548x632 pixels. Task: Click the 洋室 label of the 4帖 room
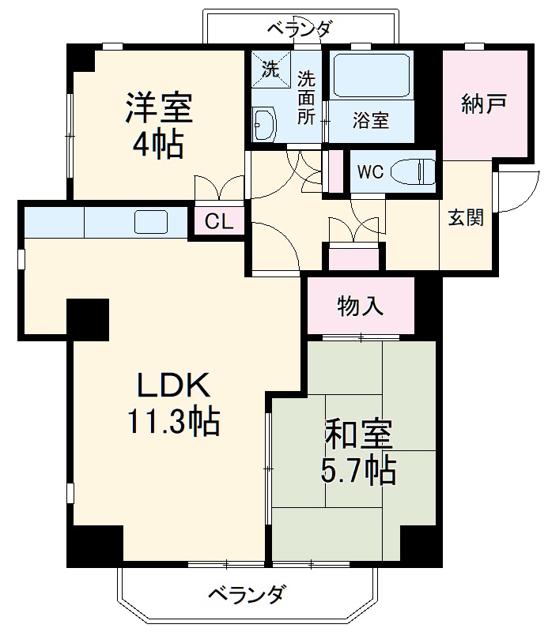point(159,108)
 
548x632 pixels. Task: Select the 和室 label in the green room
point(358,435)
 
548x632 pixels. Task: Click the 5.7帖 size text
point(358,472)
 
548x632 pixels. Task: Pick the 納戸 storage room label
point(484,104)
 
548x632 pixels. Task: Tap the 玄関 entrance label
point(466,219)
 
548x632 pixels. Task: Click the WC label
point(370,171)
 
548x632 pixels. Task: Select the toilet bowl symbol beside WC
point(416,171)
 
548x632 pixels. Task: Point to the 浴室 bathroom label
point(370,122)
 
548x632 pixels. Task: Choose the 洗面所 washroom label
point(306,97)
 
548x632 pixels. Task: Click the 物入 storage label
point(361,306)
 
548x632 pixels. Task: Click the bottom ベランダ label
point(247,594)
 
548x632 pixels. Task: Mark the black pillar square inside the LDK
point(88,319)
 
